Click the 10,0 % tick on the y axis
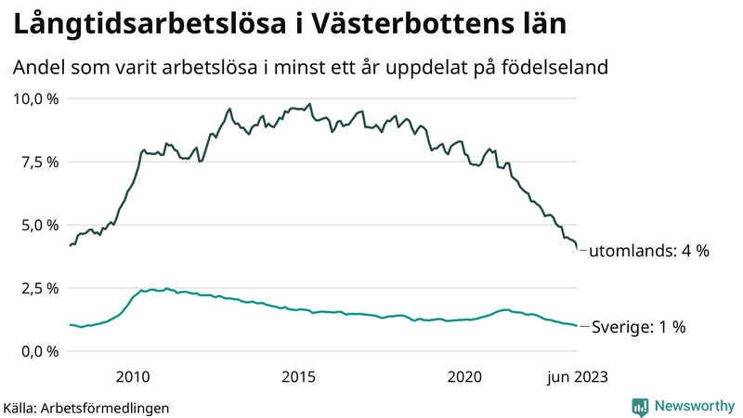click(36, 98)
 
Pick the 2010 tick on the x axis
click(133, 376)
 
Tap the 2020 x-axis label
click(465, 376)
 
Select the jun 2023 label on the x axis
click(576, 376)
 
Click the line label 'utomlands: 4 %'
click(650, 251)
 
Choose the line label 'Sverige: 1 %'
click(639, 327)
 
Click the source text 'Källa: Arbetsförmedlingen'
click(86, 408)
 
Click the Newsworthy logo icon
click(640, 406)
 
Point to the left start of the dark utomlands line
click(70, 245)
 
